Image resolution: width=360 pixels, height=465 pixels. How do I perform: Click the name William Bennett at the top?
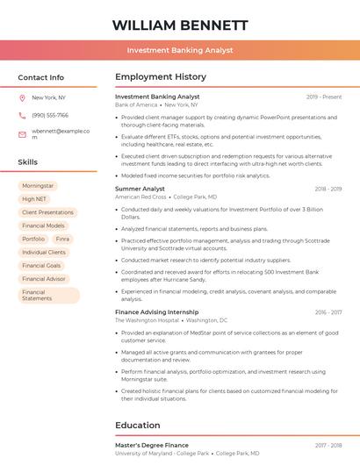pyautogui.click(x=179, y=25)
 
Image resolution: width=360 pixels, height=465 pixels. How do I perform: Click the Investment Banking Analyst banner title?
pyautogui.click(x=179, y=50)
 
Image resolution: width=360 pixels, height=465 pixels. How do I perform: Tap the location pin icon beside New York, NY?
pyautogui.click(x=22, y=98)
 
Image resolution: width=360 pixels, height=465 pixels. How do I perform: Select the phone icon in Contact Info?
pyautogui.click(x=22, y=116)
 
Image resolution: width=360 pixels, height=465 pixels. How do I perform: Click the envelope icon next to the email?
pyautogui.click(x=22, y=133)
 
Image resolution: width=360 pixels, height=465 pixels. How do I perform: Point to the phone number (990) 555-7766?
pyautogui.click(x=49, y=116)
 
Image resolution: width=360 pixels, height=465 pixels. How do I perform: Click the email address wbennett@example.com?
pyautogui.click(x=61, y=133)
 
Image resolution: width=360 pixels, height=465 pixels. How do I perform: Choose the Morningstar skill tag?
pyautogui.click(x=38, y=186)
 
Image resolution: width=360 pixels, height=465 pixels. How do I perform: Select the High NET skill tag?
pyautogui.click(x=34, y=199)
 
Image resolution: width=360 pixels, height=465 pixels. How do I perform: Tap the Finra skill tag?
pyautogui.click(x=62, y=239)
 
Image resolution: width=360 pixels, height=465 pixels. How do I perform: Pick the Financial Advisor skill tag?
pyautogui.click(x=44, y=278)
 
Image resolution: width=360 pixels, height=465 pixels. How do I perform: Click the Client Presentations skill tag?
pyautogui.click(x=47, y=212)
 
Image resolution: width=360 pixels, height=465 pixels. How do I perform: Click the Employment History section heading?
pyautogui.click(x=160, y=77)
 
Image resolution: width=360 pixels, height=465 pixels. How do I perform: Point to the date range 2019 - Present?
pyautogui.click(x=324, y=97)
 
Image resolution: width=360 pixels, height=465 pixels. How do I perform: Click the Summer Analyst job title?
pyautogui.click(x=140, y=189)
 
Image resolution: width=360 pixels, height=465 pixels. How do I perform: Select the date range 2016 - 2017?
pyautogui.click(x=328, y=312)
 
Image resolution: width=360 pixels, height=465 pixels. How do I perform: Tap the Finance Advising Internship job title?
pyautogui.click(x=156, y=312)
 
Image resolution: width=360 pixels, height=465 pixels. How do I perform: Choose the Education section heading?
pyautogui.click(x=137, y=426)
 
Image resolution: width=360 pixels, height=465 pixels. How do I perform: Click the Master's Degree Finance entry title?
pyautogui.click(x=151, y=445)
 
